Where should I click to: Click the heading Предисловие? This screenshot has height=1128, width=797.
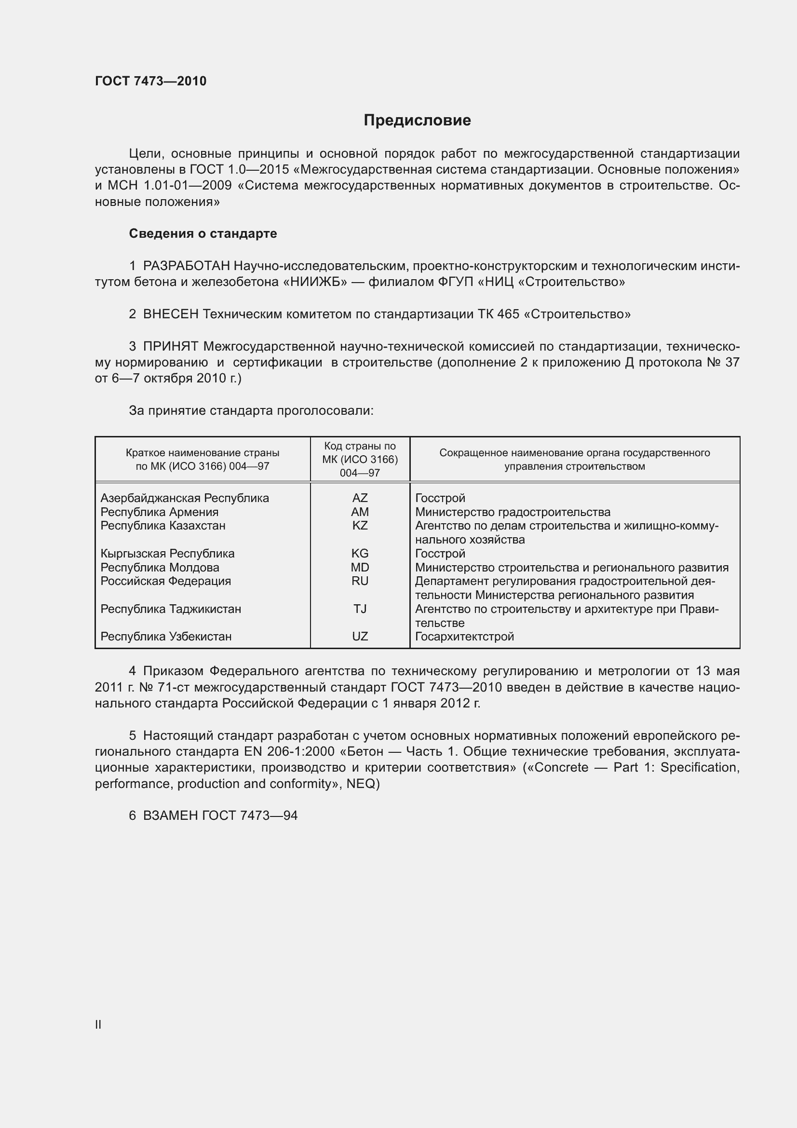point(417,121)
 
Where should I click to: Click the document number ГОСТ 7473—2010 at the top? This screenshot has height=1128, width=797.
point(151,81)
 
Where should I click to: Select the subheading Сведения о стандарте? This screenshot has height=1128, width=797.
point(203,234)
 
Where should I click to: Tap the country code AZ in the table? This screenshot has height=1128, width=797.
point(360,498)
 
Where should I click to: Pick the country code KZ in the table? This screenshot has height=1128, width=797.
point(360,526)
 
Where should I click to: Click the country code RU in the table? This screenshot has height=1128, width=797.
point(360,581)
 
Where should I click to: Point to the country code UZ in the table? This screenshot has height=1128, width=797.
point(360,637)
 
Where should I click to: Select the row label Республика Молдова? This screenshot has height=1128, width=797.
point(160,568)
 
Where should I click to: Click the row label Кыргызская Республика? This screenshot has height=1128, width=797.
point(167,554)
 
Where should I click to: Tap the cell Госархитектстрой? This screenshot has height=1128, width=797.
point(464,637)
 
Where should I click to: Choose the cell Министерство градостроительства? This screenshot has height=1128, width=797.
point(513,512)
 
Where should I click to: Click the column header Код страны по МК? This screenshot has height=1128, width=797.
point(360,460)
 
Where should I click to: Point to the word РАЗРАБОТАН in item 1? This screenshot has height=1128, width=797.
point(186,266)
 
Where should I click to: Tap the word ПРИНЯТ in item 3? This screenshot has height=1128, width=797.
point(170,347)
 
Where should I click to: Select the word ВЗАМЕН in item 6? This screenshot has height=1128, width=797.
point(170,815)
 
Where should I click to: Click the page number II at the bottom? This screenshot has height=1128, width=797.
point(98,1025)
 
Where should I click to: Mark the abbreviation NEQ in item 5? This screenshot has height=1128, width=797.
point(361,784)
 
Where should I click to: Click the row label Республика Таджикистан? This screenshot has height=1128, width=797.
point(170,609)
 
